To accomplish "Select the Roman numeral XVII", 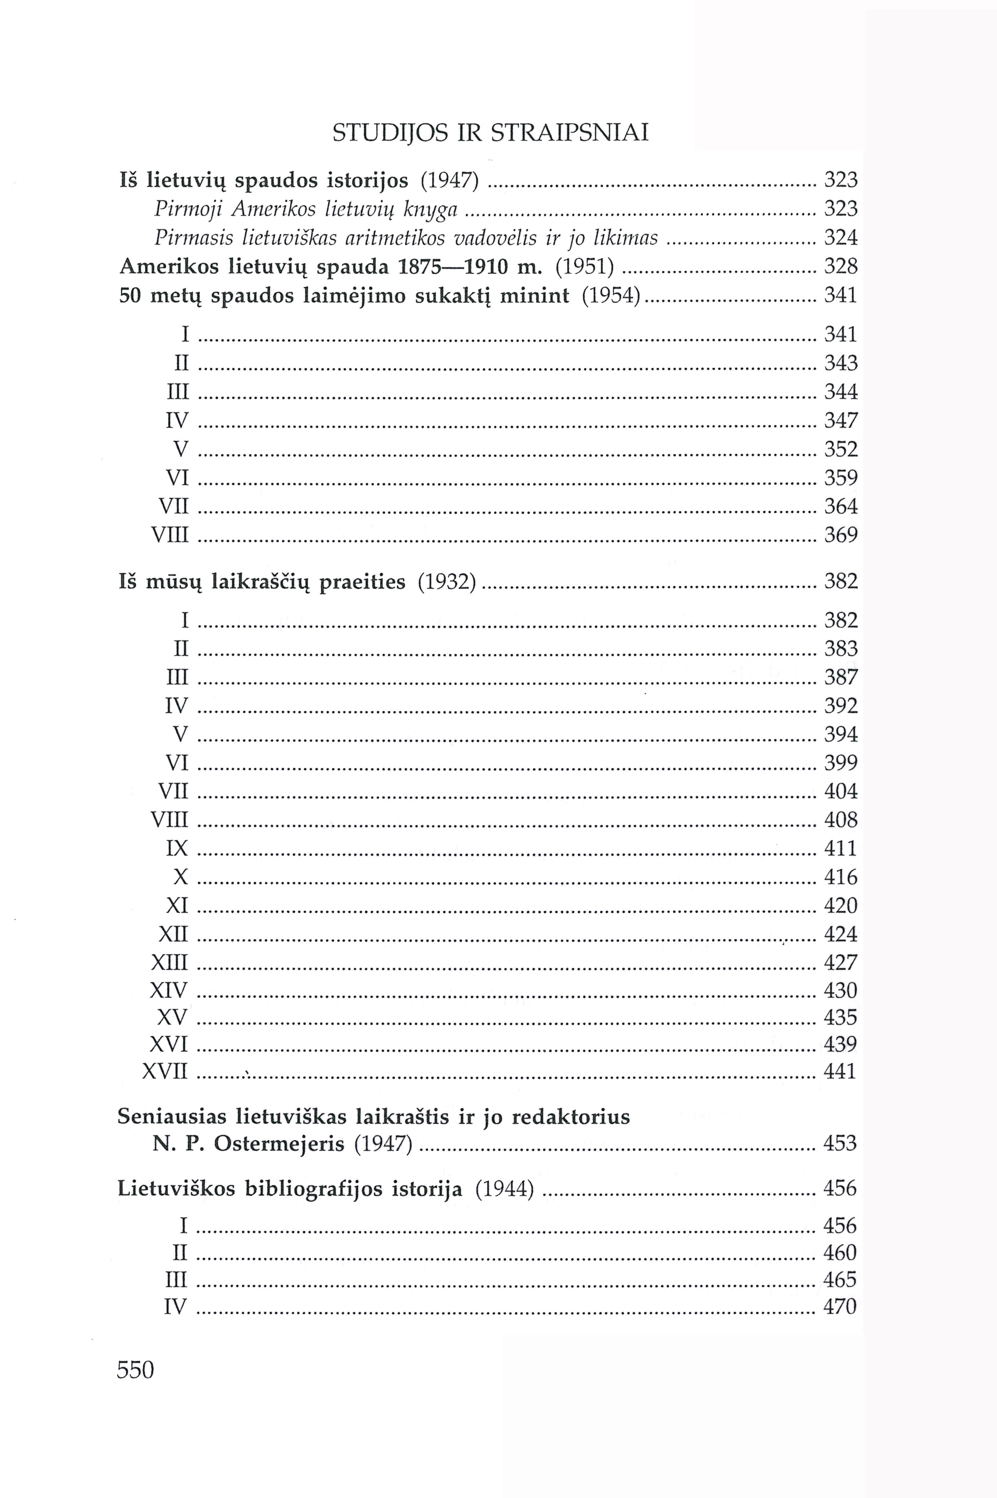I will (x=165, y=1072).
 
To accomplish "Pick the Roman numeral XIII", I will (x=170, y=963).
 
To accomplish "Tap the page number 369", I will (x=841, y=535).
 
